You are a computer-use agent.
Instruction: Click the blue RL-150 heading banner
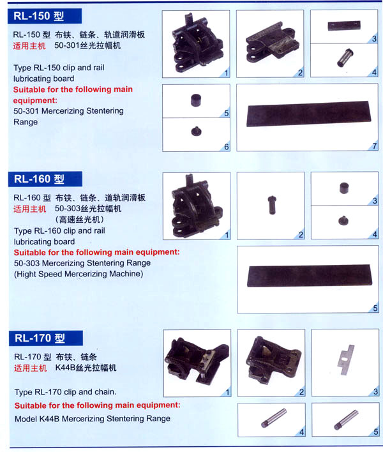pos(45,16)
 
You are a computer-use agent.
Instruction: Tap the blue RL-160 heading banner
pos(45,179)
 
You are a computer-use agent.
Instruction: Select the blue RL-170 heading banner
pos(46,338)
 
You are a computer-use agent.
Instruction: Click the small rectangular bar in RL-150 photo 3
pos(344,26)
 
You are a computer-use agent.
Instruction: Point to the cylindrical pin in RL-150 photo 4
pos(345,57)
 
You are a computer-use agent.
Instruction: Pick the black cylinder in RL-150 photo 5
pos(196,100)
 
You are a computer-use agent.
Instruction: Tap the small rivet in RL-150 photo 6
pos(196,131)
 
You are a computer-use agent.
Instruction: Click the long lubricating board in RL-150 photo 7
pos(309,114)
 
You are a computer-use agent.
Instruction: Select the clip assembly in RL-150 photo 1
pos(197,43)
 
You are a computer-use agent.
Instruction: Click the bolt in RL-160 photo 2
pos(272,205)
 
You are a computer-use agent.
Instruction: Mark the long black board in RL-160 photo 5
pos(310,276)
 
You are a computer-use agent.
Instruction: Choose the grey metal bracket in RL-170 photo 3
pos(345,360)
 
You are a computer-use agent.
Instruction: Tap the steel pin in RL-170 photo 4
pos(274,418)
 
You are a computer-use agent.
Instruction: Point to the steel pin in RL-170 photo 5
pos(346,419)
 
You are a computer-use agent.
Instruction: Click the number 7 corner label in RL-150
pos(374,146)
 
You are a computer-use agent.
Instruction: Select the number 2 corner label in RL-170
pos(301,392)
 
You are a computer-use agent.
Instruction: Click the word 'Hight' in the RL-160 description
pos(27,274)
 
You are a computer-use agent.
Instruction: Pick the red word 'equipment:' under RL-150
pos(35,101)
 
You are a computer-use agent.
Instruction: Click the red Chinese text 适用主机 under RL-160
pos(30,209)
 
